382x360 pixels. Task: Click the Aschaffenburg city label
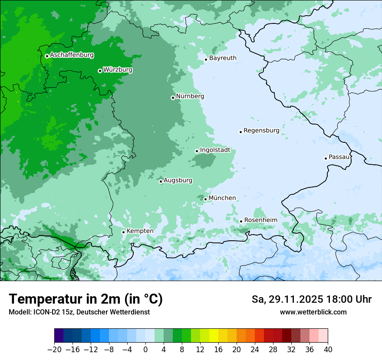coord(72,55)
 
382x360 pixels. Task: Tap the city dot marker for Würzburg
coord(100,71)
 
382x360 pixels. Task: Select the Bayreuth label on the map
coord(223,58)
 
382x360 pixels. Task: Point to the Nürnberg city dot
coord(173,98)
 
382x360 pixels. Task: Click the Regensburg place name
coord(261,131)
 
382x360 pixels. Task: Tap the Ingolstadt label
coord(215,150)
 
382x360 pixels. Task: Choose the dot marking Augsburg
coord(161,181)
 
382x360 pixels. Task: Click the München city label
coord(222,198)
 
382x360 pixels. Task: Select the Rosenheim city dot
coord(241,221)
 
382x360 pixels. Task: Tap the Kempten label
coord(140,231)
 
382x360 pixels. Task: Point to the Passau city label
coord(339,157)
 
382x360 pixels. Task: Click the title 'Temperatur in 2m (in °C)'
coord(86,299)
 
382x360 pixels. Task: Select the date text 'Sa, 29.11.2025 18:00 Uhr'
coord(311,299)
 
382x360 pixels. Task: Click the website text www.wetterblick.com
coord(313,312)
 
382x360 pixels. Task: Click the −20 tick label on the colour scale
coord(54,349)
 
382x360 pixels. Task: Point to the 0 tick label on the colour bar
coord(145,349)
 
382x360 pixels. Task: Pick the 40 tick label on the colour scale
coord(328,349)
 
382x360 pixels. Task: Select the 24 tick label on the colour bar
coord(255,349)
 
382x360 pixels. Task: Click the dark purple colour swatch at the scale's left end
coord(59,336)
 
